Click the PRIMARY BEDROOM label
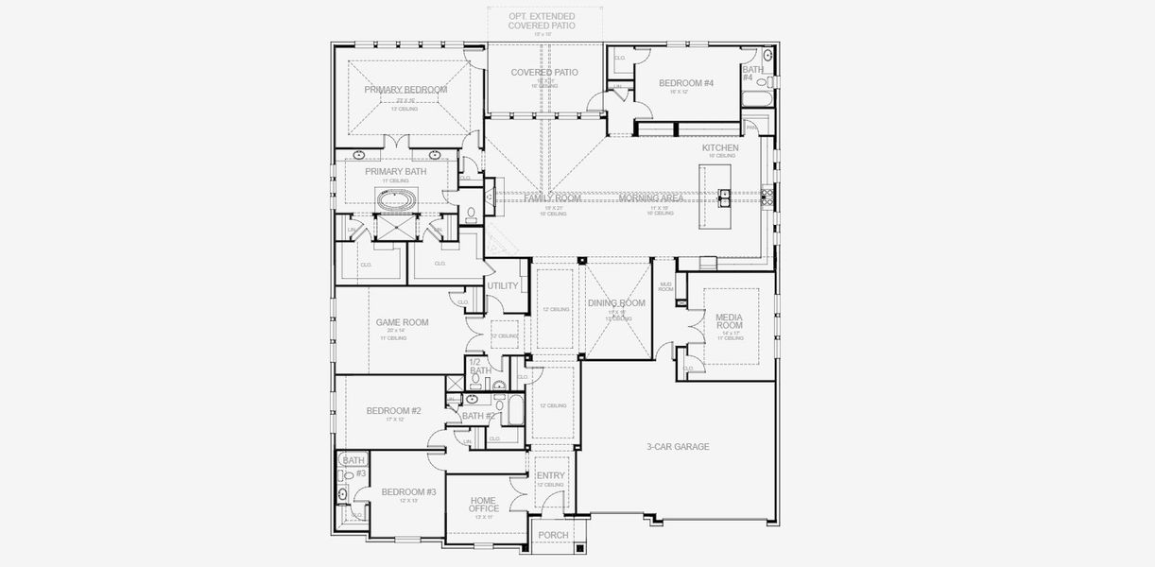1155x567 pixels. click(405, 90)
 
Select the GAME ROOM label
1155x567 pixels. click(402, 322)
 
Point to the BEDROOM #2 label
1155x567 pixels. click(393, 411)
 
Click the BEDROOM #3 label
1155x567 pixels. click(408, 492)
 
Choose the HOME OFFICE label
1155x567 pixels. click(484, 505)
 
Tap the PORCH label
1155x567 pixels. click(553, 536)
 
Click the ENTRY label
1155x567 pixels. click(550, 476)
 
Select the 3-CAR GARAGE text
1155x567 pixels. click(678, 447)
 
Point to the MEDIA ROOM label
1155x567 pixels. click(729, 321)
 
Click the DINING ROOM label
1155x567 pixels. click(616, 303)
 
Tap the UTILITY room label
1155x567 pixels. click(503, 286)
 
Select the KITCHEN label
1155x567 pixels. click(720, 148)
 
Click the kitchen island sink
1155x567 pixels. click(724, 197)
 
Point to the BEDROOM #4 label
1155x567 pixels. click(685, 83)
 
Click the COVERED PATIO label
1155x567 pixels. click(544, 73)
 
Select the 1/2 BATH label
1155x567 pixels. click(479, 367)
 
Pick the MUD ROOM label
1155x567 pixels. click(666, 286)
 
